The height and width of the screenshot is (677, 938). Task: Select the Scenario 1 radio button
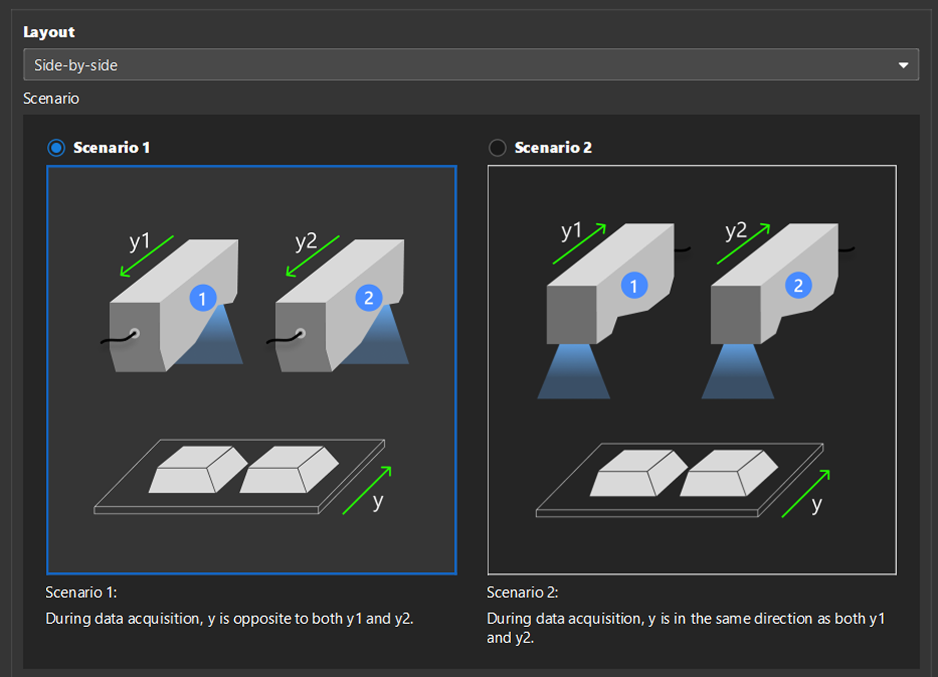pos(56,148)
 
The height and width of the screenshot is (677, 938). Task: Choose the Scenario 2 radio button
pos(497,148)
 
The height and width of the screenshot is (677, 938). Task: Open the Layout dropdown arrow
pos(903,65)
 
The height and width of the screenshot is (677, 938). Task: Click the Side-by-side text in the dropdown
pos(76,65)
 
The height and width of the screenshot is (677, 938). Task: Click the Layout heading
pos(49,32)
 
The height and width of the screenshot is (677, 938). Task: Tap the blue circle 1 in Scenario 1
pos(203,298)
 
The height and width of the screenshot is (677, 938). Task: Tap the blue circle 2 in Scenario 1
pos(368,298)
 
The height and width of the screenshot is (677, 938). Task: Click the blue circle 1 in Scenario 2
pos(634,286)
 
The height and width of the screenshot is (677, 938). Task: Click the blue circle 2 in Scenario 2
pos(798,286)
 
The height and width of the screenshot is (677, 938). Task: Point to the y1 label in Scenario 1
pos(139,241)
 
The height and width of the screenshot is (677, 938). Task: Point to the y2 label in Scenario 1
pos(306,241)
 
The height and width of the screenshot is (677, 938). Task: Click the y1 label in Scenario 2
pos(571,231)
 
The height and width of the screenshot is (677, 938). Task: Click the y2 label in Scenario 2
pos(735,231)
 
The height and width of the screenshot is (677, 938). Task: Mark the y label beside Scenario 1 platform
pos(378,501)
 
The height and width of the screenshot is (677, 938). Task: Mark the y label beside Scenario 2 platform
pos(817,504)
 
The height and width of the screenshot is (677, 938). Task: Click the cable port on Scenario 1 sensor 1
pos(134,333)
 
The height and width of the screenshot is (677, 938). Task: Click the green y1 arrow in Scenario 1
pos(147,256)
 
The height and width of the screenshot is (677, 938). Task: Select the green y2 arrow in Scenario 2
pos(743,244)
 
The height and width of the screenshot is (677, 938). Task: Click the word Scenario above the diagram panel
pos(51,99)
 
